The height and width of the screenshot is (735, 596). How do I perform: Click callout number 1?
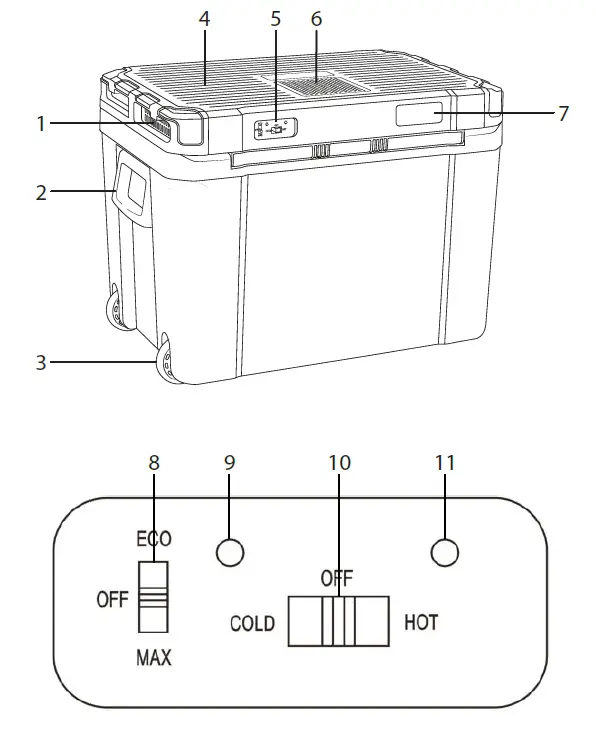coord(41,124)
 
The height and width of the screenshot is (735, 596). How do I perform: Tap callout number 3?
coord(41,362)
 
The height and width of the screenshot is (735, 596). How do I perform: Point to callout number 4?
coord(204,19)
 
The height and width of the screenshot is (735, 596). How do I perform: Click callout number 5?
coord(276,19)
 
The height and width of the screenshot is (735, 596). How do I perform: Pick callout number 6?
coord(317,19)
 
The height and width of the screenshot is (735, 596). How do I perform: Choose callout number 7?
coord(563,114)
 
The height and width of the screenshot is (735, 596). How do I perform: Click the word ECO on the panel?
coord(153,539)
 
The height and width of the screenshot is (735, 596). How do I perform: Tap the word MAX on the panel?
coord(153,657)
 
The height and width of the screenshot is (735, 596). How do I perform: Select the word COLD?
coord(252,624)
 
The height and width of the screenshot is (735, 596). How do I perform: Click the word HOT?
coord(421,623)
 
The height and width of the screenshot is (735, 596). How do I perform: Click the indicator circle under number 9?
coord(229,553)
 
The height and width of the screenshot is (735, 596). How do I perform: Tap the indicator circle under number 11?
coord(444,553)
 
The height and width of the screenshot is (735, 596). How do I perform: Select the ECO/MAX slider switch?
coord(153,597)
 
